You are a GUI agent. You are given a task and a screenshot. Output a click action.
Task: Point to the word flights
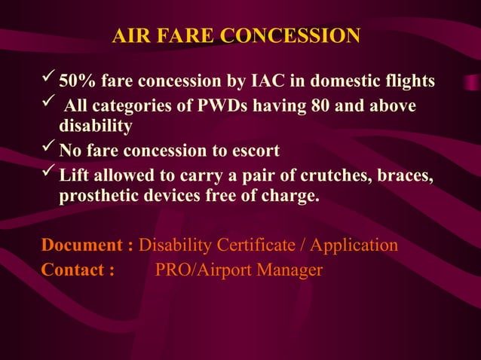click(x=407, y=81)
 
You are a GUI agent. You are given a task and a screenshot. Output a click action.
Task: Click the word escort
click(x=254, y=151)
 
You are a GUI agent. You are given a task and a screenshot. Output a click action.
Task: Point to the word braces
click(x=397, y=176)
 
